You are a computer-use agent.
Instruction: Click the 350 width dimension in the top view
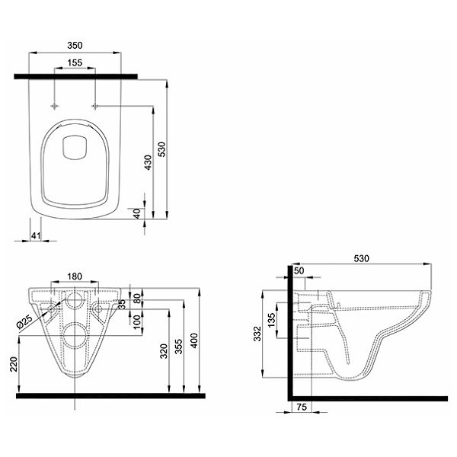tap(75, 45)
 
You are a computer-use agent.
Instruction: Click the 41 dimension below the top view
tap(36, 236)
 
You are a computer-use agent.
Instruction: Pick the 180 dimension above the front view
tap(75, 276)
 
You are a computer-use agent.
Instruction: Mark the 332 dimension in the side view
tap(257, 333)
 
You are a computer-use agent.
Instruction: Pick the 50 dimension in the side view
tap(298, 271)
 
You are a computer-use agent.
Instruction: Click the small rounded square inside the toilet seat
tap(75, 147)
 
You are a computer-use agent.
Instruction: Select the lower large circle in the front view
tap(75, 334)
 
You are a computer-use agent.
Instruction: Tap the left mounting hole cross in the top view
tap(56, 104)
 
